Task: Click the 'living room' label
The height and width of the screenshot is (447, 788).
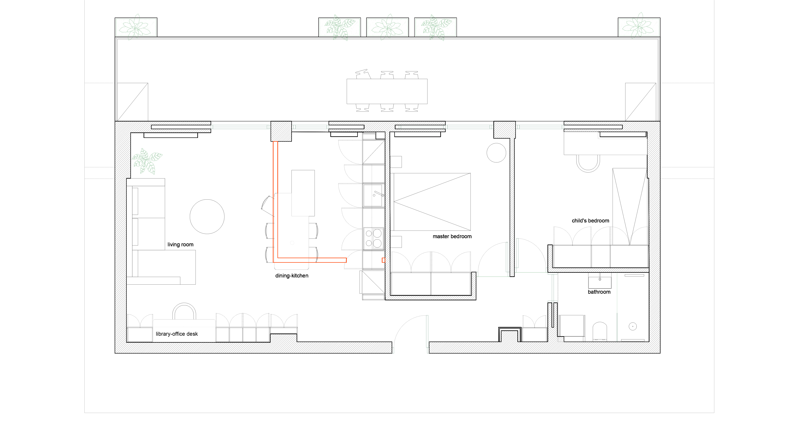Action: [180, 245]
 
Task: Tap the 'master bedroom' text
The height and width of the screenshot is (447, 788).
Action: [452, 236]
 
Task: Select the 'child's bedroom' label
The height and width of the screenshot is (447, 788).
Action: [590, 221]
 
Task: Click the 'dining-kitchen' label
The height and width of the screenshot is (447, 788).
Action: [292, 276]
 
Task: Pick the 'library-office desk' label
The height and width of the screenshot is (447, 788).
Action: [177, 334]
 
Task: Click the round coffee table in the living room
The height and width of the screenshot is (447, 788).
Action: [207, 217]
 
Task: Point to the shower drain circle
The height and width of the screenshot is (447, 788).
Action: [633, 326]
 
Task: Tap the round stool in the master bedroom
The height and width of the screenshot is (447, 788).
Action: [496, 153]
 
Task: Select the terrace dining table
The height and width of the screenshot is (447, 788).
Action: [387, 92]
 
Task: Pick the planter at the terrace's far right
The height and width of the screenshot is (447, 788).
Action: [639, 27]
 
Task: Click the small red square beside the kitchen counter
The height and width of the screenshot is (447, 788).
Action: [383, 260]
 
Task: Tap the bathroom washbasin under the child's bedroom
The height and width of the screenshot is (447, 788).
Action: [600, 281]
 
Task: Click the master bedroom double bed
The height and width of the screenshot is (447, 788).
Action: [432, 202]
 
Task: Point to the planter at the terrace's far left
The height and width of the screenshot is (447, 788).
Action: [136, 27]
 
